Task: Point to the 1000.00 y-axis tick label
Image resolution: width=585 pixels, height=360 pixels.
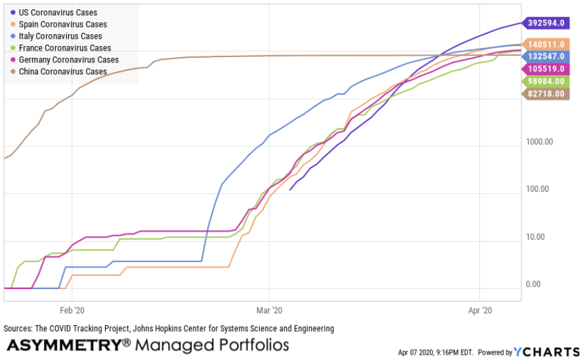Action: pos(539,142)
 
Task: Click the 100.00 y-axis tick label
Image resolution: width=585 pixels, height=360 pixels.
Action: pos(541,189)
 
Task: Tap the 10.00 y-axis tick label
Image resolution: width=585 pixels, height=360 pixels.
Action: pos(542,237)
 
